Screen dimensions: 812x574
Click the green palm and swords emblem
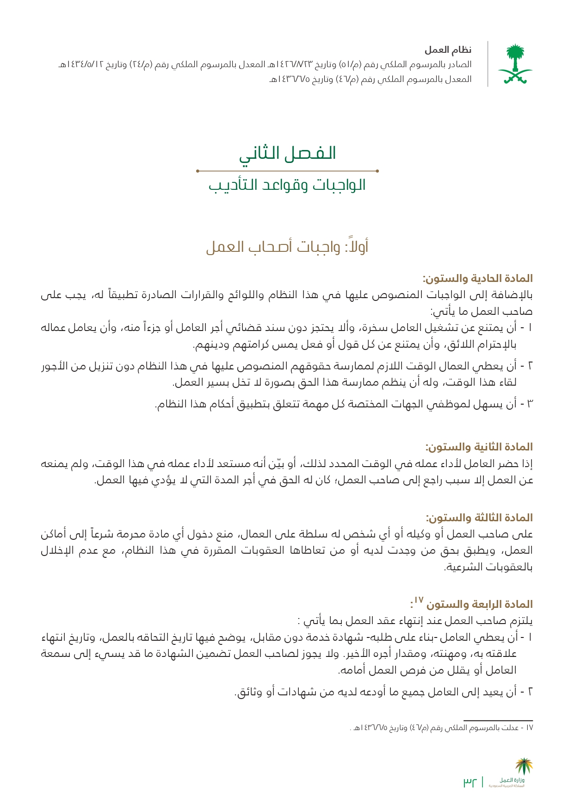515,64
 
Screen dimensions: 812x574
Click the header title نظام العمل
448,50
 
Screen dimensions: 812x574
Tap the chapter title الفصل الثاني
287,153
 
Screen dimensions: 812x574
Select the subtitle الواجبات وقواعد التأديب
287,185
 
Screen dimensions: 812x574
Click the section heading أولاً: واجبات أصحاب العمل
287,246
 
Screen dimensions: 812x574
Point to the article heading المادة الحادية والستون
477,279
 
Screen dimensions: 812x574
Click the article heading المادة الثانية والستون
479,447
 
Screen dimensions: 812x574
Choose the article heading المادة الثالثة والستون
479,518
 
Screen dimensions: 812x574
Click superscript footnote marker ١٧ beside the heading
418,600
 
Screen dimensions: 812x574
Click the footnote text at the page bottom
441,728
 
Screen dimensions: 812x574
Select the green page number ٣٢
469,782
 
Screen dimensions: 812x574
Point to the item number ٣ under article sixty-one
530,404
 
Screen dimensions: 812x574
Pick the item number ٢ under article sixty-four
530,692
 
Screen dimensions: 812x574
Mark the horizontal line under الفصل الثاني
287,171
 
